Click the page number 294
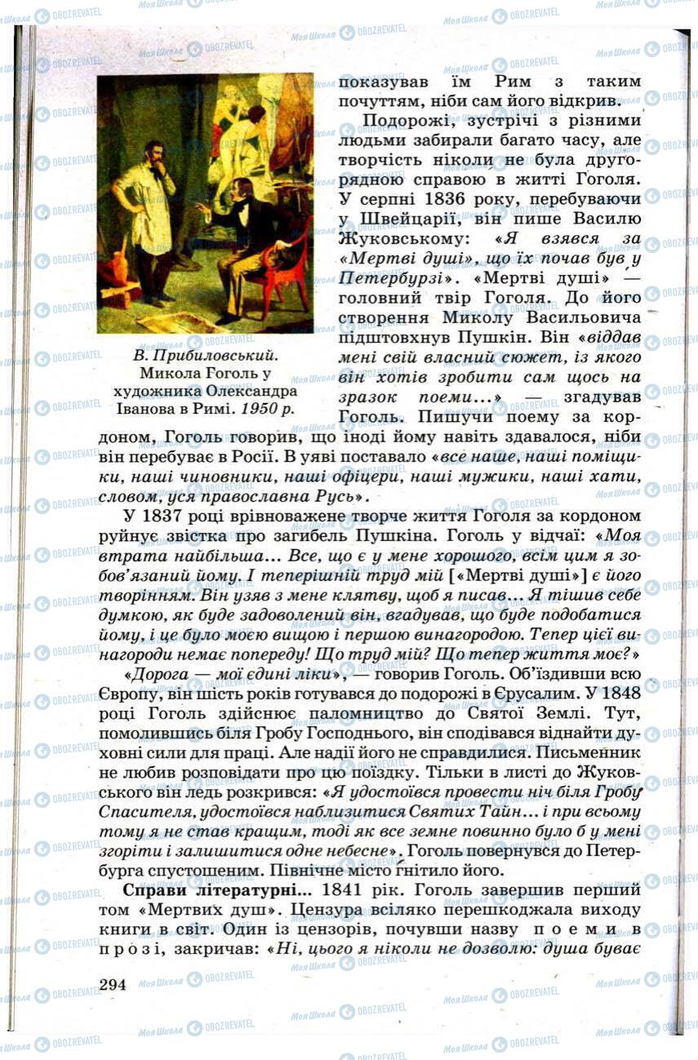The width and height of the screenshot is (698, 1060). (113, 983)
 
